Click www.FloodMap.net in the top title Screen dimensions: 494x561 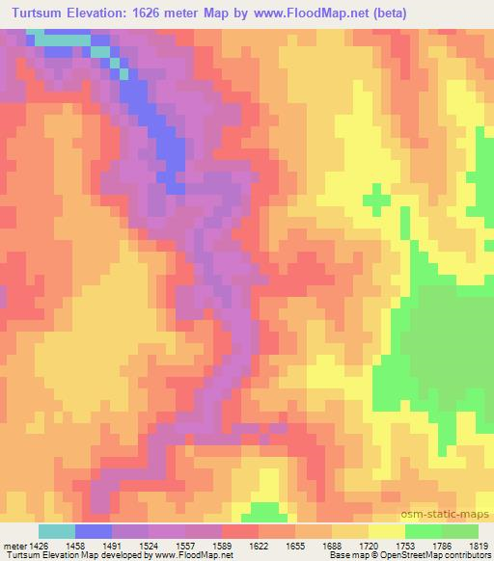(293, 13)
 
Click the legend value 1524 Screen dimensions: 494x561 (150, 545)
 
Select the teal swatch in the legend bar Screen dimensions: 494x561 (57, 531)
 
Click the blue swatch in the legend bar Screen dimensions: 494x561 (94, 531)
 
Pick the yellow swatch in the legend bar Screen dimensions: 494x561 (387, 531)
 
